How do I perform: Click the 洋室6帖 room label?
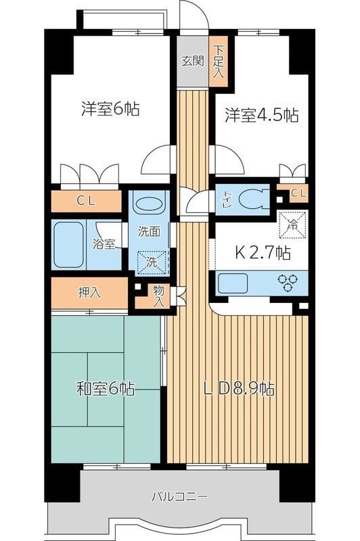tap(110, 109)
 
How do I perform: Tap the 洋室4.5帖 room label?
tap(261, 115)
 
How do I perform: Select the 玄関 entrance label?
tap(192, 60)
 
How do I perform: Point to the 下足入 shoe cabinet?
tap(218, 60)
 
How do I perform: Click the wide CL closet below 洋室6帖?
tap(86, 200)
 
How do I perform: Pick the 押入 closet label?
tap(89, 293)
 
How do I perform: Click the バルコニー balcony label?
tap(179, 496)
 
